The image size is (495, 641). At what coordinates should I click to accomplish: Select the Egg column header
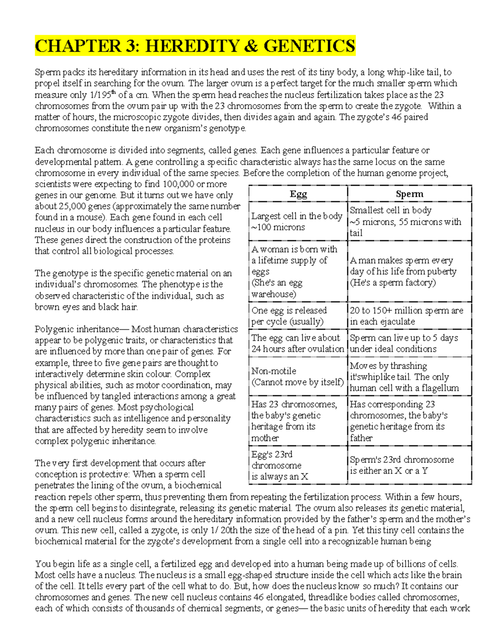click(298, 194)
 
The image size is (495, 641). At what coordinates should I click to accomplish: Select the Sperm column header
click(409, 194)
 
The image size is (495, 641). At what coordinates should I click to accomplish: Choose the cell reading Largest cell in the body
click(297, 221)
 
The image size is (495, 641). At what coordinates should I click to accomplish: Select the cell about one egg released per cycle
click(289, 316)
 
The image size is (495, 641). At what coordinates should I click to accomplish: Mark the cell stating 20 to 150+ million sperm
click(406, 316)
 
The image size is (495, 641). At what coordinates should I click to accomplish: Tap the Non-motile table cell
click(297, 376)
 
